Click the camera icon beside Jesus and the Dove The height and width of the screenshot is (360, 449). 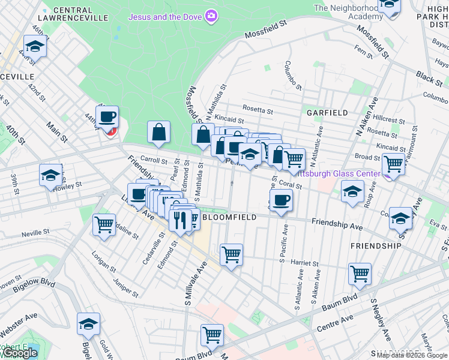coord(211,16)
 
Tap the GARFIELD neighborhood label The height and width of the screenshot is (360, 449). coord(327,112)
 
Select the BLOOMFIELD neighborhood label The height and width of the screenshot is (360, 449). coord(229,217)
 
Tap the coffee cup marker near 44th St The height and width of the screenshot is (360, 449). coord(107,117)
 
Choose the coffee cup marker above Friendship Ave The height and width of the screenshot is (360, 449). coord(280,200)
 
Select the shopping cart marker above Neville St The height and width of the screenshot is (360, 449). coord(104,225)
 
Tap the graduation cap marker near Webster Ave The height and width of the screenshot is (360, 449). coord(88,324)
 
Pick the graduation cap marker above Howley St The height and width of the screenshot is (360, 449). coord(51,175)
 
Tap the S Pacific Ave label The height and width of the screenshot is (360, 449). coord(281,259)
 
